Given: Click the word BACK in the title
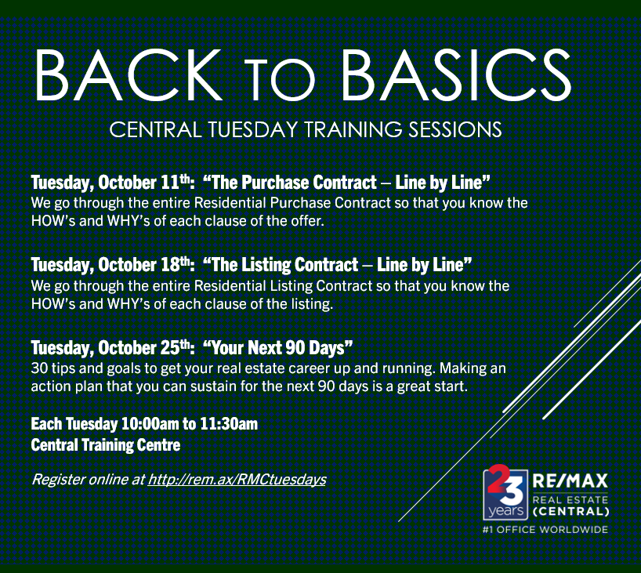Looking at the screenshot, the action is [129, 74].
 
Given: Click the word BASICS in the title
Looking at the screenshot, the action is [456, 74].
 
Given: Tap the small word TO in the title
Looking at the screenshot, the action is [281, 80].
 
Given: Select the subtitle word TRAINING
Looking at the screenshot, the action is [353, 129].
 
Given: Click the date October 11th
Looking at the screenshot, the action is [144, 183].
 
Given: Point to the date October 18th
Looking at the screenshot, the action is [144, 265].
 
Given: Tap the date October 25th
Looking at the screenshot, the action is [144, 348].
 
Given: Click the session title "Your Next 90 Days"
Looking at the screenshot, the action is [277, 348].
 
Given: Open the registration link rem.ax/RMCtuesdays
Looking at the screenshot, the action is [237, 480].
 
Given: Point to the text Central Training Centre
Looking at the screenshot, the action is [106, 445].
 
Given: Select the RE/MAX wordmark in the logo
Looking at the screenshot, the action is [570, 481].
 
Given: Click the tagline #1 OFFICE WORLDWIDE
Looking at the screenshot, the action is [545, 530].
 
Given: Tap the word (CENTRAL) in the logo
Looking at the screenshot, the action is [571, 512].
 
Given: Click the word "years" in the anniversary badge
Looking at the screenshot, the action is [506, 511].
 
